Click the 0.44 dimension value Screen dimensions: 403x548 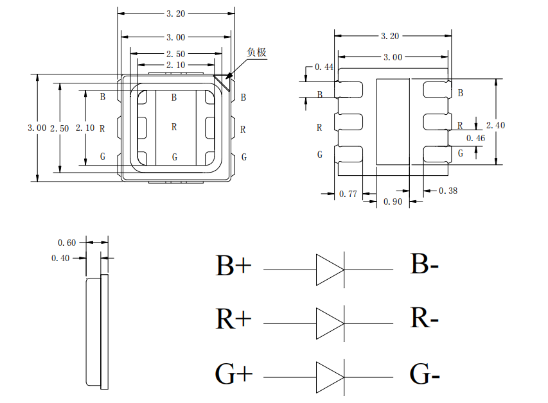323,67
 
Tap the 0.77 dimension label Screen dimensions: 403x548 348,193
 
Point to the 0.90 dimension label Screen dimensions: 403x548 392,202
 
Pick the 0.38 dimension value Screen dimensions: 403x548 448,191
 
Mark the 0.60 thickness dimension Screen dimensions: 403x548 67,242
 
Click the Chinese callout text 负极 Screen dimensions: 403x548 256,53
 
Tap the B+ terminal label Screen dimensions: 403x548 233,266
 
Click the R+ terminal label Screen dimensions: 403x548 233,319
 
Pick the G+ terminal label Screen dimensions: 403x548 233,375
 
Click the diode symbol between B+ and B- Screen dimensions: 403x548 330,270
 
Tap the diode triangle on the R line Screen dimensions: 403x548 330,323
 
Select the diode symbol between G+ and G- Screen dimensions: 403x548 330,377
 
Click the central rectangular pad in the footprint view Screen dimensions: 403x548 392,121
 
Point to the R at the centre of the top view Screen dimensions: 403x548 174,127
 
